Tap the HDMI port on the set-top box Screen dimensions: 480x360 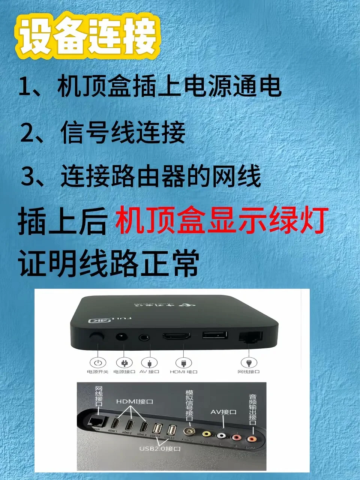click(x=176, y=336)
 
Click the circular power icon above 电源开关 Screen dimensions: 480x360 click(x=97, y=363)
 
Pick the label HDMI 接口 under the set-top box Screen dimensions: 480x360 click(x=183, y=372)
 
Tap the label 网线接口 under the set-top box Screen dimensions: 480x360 click(x=249, y=372)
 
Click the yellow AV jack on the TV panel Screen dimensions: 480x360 click(x=206, y=434)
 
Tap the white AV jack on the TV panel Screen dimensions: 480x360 click(x=222, y=436)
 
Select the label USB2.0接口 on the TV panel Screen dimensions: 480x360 click(x=160, y=448)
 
